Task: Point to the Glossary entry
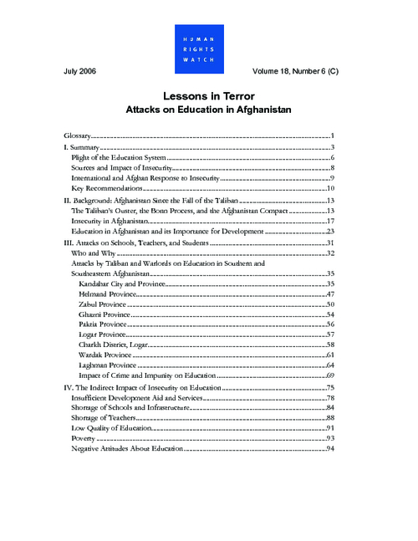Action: pyautogui.click(x=78, y=135)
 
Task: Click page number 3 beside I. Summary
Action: pyautogui.click(x=332, y=147)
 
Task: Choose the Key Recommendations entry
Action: pyautogui.click(x=108, y=188)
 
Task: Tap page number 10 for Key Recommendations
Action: pyautogui.click(x=330, y=188)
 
